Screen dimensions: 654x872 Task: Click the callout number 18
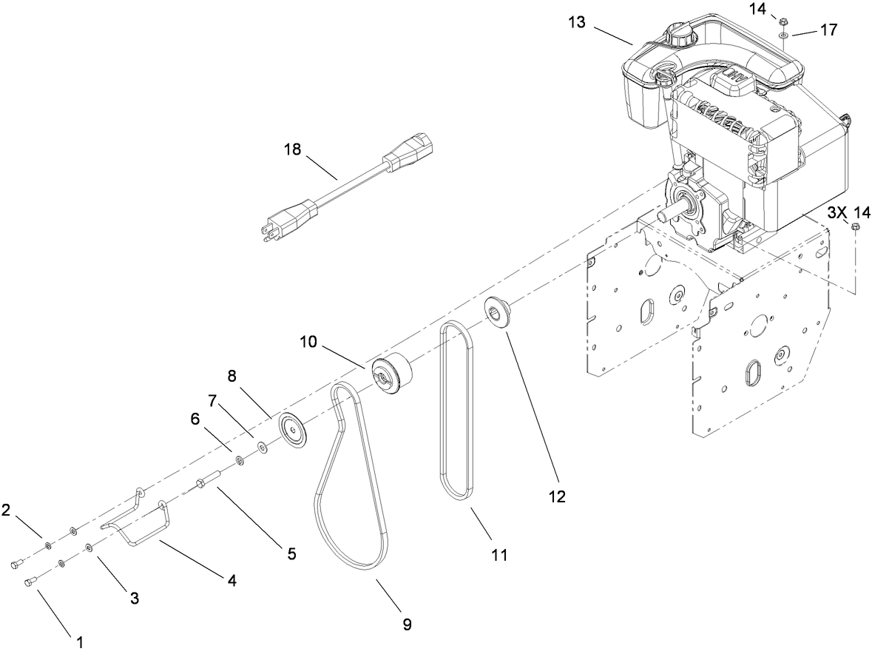coord(293,149)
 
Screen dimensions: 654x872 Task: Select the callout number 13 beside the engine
coord(577,23)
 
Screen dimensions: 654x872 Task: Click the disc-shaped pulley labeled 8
coord(293,429)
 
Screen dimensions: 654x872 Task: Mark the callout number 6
coord(195,418)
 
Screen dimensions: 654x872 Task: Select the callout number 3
coord(135,599)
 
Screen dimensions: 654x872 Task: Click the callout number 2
coord(6,510)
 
